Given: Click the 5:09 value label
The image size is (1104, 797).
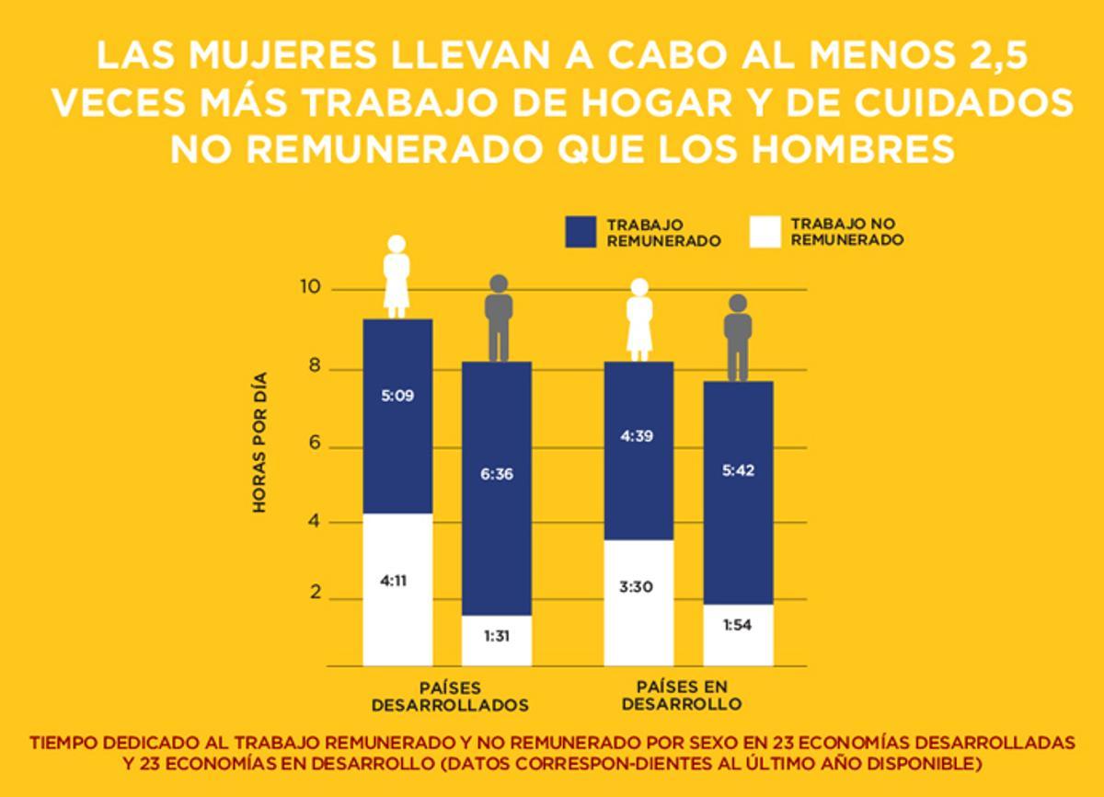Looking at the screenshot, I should click(x=397, y=397).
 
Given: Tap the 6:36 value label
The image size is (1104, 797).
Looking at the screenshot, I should click(x=497, y=475).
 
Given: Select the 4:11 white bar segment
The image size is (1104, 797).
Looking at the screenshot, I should click(x=397, y=589).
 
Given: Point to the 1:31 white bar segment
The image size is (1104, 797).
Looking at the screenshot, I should click(x=497, y=640).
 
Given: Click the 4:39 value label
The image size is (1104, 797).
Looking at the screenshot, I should click(x=638, y=436).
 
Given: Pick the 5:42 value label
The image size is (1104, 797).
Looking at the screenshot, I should click(x=738, y=469).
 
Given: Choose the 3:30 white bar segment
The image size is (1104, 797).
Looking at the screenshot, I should click(x=638, y=602).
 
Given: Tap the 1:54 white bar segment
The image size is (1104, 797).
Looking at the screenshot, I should click(x=738, y=635).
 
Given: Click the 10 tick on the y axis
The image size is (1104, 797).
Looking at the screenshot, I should click(x=310, y=288).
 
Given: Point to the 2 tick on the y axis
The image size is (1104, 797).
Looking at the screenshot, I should click(x=315, y=594).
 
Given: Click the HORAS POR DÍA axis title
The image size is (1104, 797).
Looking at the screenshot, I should click(x=259, y=442).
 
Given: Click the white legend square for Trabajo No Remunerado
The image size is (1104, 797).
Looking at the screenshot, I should click(x=765, y=232).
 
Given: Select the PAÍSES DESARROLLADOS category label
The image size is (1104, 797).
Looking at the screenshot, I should click(x=450, y=697).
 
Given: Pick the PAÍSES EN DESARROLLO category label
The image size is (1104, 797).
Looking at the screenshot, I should click(x=681, y=696).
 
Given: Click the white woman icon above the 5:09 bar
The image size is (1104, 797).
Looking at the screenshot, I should click(x=397, y=276).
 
